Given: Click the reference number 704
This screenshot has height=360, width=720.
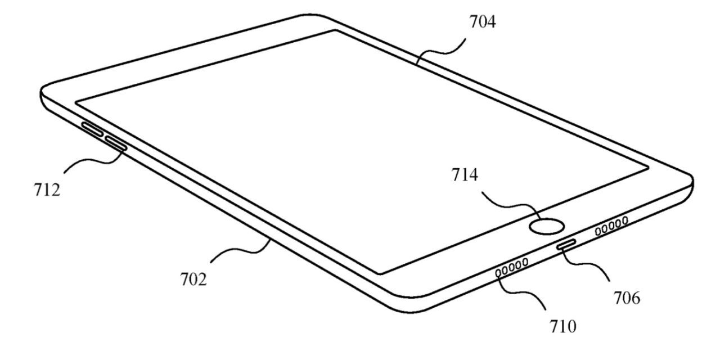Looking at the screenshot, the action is [x=483, y=22].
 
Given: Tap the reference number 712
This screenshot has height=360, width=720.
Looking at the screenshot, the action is [x=47, y=190].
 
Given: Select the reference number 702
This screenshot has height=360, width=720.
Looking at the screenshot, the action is [x=193, y=279].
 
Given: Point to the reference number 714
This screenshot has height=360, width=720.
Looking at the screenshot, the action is [x=465, y=175].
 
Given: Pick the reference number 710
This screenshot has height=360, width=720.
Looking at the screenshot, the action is [x=563, y=327].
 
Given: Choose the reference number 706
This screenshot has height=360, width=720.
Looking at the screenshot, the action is [x=627, y=298].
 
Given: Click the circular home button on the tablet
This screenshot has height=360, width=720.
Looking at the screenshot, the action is [x=546, y=226].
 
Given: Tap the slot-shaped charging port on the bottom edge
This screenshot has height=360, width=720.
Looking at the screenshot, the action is [x=566, y=244].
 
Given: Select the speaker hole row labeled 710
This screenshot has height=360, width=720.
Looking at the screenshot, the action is [x=512, y=267].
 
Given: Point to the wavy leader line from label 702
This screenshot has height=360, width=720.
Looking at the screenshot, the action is [x=240, y=251].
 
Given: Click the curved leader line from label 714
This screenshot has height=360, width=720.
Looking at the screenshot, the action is [x=511, y=206].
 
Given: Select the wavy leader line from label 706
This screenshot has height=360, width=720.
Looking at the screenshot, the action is [x=586, y=264].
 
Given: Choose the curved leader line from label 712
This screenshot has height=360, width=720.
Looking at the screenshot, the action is [x=93, y=161].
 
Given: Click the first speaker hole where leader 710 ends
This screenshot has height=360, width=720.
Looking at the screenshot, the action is [x=498, y=273].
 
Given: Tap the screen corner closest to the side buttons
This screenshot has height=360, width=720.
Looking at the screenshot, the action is [x=76, y=103].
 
